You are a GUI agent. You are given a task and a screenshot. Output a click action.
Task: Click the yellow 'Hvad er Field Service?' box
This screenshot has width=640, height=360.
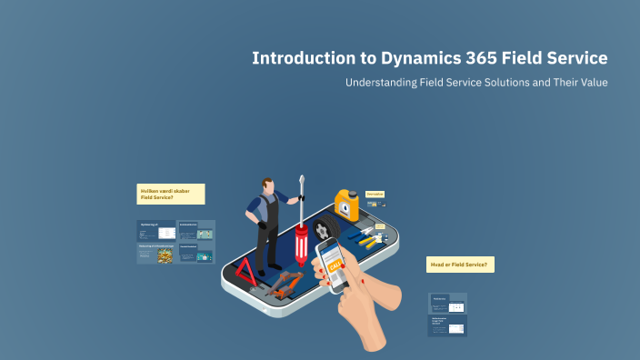[x=460, y=265]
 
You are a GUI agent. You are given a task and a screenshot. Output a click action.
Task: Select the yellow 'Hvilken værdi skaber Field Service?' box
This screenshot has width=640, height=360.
[x=171, y=194]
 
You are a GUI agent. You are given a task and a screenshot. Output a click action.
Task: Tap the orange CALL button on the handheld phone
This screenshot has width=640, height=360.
[x=333, y=265]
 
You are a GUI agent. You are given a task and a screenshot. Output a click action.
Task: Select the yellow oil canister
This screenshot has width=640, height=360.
[x=345, y=206]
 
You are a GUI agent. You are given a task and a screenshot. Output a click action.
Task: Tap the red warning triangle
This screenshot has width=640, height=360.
[x=245, y=269]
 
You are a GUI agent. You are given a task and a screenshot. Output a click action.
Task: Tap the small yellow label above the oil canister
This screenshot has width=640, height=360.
[x=375, y=194]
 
